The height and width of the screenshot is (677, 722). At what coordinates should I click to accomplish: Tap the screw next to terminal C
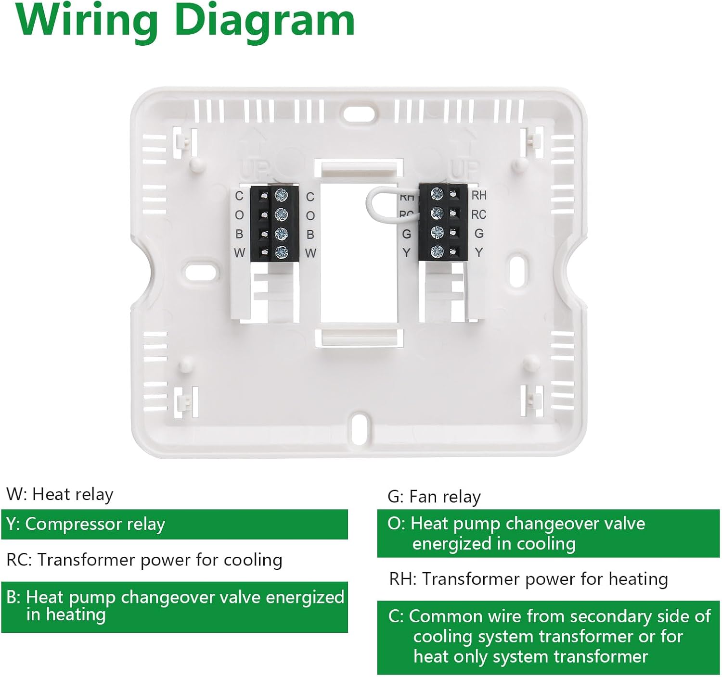281,195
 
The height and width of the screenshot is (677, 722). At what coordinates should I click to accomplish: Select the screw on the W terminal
281,252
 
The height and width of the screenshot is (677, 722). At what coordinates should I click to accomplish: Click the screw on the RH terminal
437,194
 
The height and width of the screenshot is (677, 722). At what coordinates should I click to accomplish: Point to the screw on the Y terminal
437,251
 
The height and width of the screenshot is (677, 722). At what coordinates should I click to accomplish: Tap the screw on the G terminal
437,232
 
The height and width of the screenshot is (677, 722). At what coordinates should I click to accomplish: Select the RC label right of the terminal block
478,214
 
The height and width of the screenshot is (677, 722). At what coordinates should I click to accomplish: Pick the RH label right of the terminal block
479,195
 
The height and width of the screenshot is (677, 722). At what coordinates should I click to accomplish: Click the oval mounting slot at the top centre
360,113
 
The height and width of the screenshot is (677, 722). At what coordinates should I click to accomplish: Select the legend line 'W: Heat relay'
60,494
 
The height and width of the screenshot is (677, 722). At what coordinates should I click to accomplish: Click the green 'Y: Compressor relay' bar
174,524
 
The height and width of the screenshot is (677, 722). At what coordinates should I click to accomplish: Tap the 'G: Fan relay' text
434,497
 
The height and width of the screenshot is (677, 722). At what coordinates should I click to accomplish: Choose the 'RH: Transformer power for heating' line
529,579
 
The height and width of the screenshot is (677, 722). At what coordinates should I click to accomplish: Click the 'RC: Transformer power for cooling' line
144,560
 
